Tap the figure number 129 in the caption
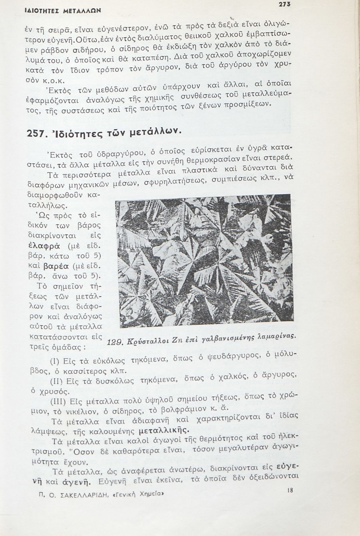pos(115,342)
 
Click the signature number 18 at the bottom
pos(290,491)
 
